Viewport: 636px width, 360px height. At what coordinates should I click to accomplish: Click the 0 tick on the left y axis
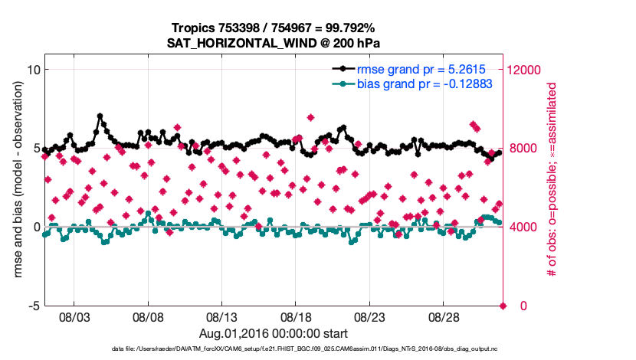click(x=34, y=227)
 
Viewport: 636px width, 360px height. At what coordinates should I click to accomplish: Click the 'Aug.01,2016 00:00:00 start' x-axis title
click(x=273, y=333)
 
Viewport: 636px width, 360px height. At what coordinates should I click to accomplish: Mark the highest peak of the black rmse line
click(x=100, y=116)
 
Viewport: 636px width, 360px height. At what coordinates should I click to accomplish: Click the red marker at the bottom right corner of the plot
click(x=503, y=306)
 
